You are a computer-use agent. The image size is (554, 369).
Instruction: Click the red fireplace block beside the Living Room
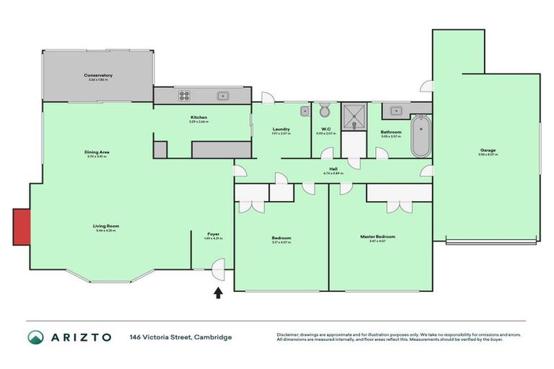(x=21, y=226)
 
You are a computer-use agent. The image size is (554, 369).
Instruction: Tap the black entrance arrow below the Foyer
(x=217, y=292)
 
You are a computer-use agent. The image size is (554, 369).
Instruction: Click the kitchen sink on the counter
(x=224, y=95)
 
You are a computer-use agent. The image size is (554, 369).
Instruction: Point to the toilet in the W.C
(x=325, y=111)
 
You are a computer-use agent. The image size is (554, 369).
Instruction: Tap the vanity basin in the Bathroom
(x=395, y=111)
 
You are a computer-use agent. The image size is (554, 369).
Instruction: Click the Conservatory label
(x=98, y=75)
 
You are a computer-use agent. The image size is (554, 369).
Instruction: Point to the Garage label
(x=487, y=151)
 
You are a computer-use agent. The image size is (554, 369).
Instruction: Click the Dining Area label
(x=97, y=152)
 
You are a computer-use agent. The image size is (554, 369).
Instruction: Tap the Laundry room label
(x=281, y=128)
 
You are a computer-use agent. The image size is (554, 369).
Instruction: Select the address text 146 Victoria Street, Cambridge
(x=180, y=337)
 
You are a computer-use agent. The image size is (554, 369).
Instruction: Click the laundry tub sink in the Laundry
(x=304, y=111)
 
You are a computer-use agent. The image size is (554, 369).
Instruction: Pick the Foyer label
(x=214, y=234)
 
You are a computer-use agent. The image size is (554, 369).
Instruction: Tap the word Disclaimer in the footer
(x=288, y=334)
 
